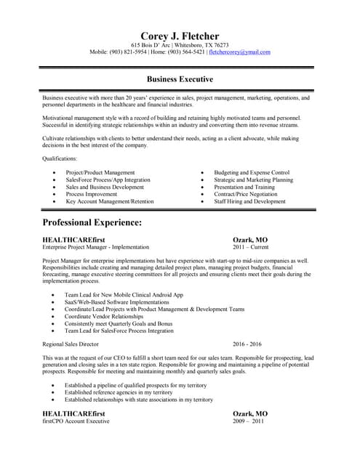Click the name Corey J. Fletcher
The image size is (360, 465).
click(x=180, y=36)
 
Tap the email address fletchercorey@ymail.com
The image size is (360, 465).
click(x=239, y=52)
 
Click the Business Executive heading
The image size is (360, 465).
click(x=180, y=79)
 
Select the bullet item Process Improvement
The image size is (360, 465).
click(x=91, y=195)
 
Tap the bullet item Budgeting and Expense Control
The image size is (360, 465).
click(x=252, y=173)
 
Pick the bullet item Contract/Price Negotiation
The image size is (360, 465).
click(x=246, y=195)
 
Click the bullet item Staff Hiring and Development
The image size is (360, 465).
click(x=249, y=202)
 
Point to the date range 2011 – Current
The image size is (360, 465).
click(x=250, y=248)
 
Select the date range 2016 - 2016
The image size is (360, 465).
click(x=247, y=344)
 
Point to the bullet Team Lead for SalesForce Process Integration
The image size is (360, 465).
click(x=120, y=331)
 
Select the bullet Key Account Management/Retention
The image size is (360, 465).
click(x=110, y=202)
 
